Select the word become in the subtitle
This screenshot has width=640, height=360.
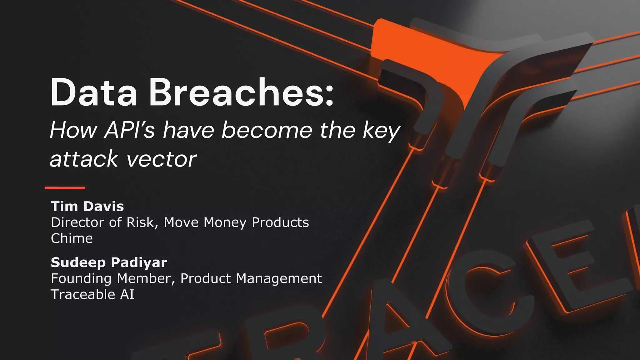point(267,130)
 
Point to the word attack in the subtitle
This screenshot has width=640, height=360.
point(84,159)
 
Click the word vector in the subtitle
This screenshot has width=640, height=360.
point(161,159)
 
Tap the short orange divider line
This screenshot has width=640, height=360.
point(65,188)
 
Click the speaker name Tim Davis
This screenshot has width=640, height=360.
point(87,206)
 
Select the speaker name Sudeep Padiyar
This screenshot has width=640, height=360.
point(109,262)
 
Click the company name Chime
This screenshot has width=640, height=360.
point(72,238)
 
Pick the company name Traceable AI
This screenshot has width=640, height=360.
point(92,294)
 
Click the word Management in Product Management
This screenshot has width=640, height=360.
point(279,278)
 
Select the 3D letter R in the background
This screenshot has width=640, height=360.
point(291,337)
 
